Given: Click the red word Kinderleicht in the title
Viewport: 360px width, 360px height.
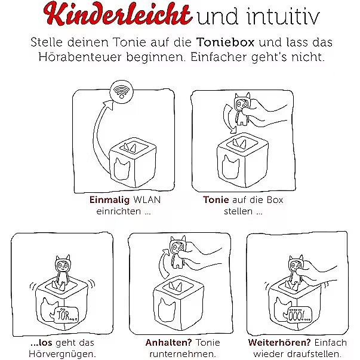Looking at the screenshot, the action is point(117,13).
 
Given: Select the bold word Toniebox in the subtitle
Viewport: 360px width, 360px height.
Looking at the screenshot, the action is point(225,42).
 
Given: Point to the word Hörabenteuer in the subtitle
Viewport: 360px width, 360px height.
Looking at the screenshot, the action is point(79,57).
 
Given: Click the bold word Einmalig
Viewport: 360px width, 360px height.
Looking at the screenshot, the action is point(109,200).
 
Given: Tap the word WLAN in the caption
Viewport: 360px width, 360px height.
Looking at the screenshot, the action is point(147,200).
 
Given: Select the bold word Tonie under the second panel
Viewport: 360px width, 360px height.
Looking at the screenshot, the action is point(216,200).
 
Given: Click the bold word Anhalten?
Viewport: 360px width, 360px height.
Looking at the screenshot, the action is point(169,343).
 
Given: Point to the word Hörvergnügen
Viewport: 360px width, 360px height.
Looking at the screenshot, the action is point(62,354).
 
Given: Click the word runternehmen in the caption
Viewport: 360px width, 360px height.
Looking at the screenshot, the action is point(183,354).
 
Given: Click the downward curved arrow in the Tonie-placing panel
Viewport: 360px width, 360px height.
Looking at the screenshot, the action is point(226,119).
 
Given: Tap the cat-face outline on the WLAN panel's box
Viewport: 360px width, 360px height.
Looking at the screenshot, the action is point(122,168).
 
